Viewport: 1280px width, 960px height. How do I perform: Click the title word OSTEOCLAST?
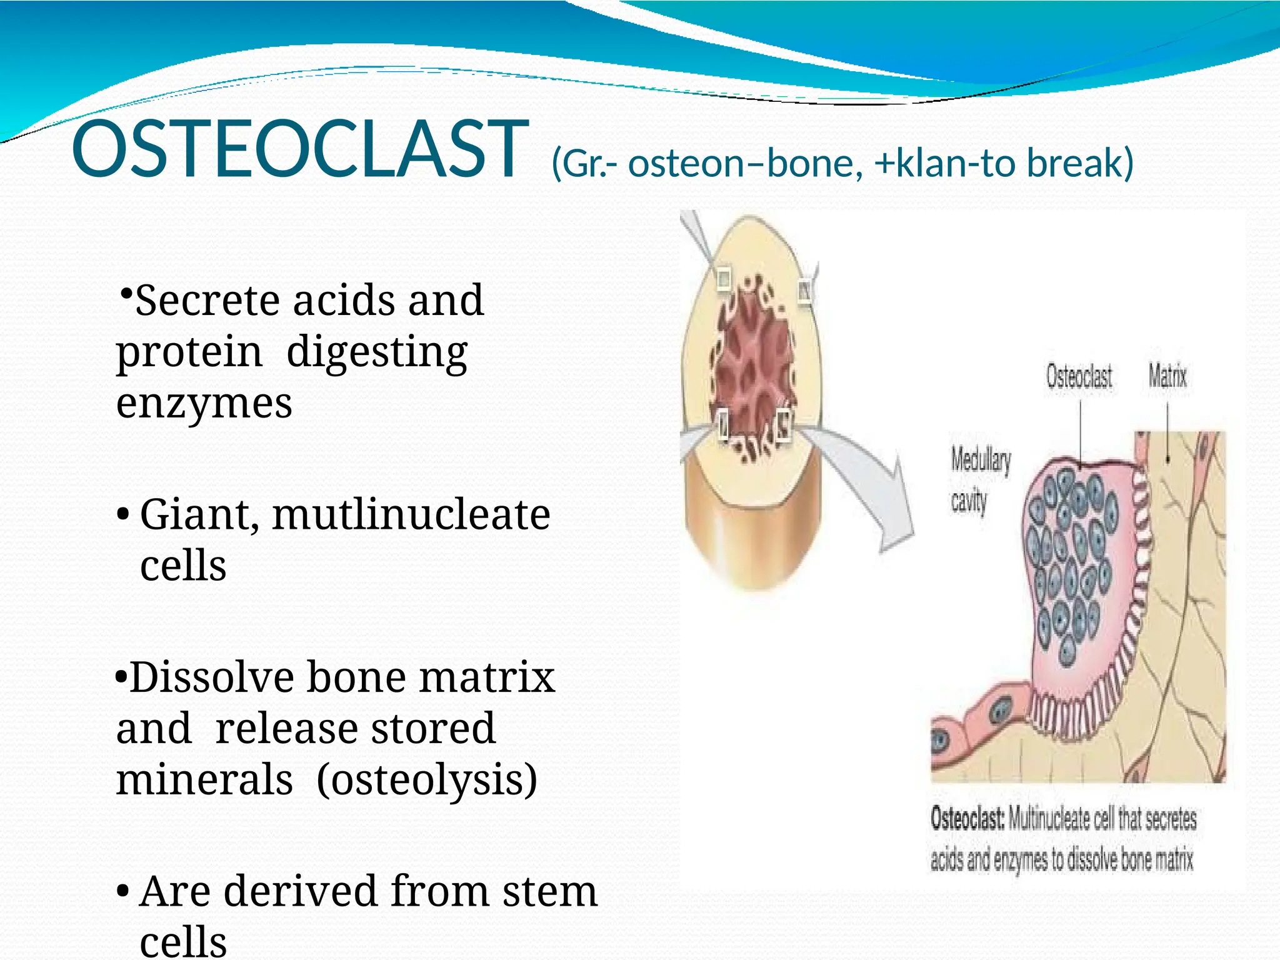tap(299, 150)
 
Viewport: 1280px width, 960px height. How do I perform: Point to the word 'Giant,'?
tap(199, 515)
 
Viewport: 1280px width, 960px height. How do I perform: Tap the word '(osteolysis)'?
tap(427, 780)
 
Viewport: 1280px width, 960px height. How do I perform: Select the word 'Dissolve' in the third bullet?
tap(212, 677)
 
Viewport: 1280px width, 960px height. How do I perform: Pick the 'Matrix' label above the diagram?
tap(1167, 376)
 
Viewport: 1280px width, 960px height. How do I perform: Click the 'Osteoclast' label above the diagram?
tap(1079, 377)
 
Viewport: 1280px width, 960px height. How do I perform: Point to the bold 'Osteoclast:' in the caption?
tap(967, 819)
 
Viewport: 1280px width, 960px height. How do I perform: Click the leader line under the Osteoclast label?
tap(1081, 431)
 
